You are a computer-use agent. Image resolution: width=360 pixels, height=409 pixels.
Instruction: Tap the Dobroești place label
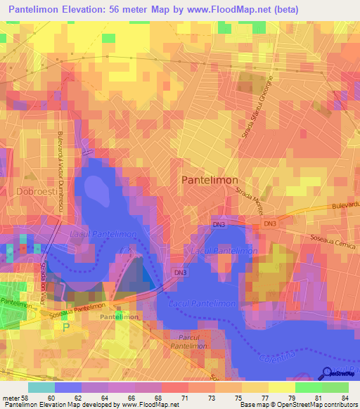pyautogui.click(x=33, y=190)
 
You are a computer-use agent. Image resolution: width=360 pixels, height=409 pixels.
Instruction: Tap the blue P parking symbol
pyautogui.click(x=67, y=327)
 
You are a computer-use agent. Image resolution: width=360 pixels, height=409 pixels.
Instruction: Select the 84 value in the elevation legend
pyautogui.click(x=345, y=398)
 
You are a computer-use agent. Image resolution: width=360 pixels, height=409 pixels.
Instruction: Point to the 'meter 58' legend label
pyautogui.click(x=15, y=398)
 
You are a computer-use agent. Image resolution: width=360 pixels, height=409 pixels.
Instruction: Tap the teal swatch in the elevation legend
pyautogui.click(x=41, y=387)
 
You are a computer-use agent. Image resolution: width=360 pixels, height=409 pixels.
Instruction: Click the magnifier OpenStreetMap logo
pyautogui.click(x=328, y=374)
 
